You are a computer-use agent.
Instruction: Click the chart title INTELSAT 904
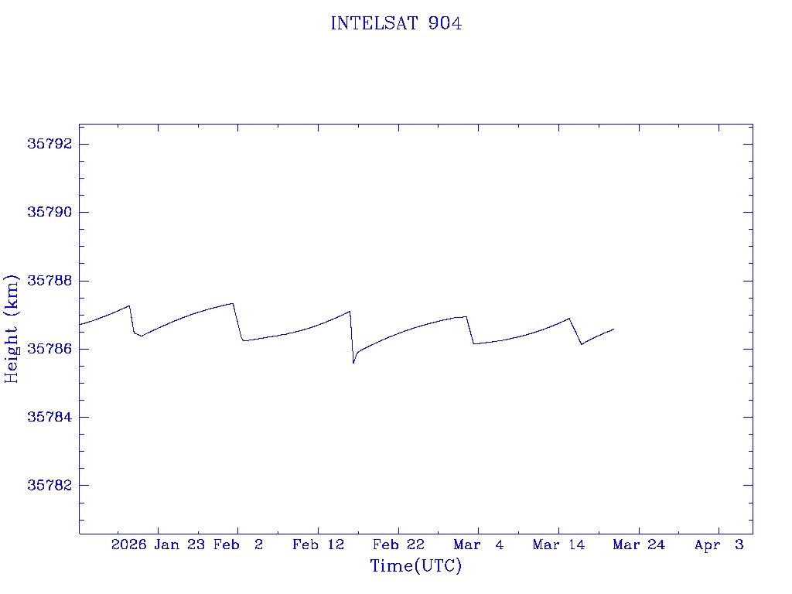396,24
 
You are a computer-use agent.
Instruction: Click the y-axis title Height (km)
12,328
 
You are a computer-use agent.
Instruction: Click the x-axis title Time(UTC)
415,566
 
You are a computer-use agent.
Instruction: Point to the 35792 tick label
50,145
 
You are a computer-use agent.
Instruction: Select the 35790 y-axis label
50,213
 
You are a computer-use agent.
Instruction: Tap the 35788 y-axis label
50,281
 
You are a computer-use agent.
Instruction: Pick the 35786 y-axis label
50,349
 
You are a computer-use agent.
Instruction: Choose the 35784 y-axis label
50,417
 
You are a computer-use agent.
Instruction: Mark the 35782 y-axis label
50,485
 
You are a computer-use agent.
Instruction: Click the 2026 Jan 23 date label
158,544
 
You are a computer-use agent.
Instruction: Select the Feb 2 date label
238,544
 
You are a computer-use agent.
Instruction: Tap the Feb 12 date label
318,544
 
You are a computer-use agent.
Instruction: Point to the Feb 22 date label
398,544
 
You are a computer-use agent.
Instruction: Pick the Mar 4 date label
478,544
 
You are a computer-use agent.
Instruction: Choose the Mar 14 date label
558,544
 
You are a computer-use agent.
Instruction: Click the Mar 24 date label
639,544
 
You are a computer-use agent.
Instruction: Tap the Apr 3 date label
719,544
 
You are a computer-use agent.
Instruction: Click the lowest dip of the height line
353,363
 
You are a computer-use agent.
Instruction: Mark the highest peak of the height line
233,303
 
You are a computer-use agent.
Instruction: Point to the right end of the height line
613,329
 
